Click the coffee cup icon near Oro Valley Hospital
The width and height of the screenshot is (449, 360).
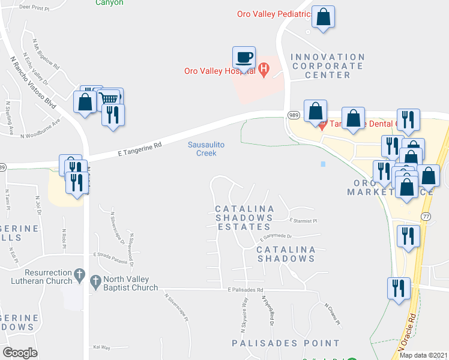pyautogui.click(x=244, y=58)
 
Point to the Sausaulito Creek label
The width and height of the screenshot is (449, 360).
pyautogui.click(x=202, y=149)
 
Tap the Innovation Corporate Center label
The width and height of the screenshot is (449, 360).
pyautogui.click(x=327, y=66)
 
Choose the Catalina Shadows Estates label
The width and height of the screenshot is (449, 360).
pyautogui.click(x=244, y=218)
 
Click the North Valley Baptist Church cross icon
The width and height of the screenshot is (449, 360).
pyautogui.click(x=95, y=281)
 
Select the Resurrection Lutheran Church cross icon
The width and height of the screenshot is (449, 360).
pyautogui.click(x=79, y=275)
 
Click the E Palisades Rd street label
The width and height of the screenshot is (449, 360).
pyautogui.click(x=246, y=290)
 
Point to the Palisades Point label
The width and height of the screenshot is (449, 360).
pyautogui.click(x=286, y=343)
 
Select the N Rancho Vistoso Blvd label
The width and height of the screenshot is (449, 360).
pyautogui.click(x=34, y=82)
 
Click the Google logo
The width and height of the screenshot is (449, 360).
pyautogui.click(x=20, y=353)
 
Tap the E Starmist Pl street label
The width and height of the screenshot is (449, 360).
pyautogui.click(x=303, y=221)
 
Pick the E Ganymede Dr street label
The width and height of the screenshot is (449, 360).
pyautogui.click(x=276, y=236)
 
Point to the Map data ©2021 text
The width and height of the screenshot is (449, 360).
pyautogui.click(x=423, y=355)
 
